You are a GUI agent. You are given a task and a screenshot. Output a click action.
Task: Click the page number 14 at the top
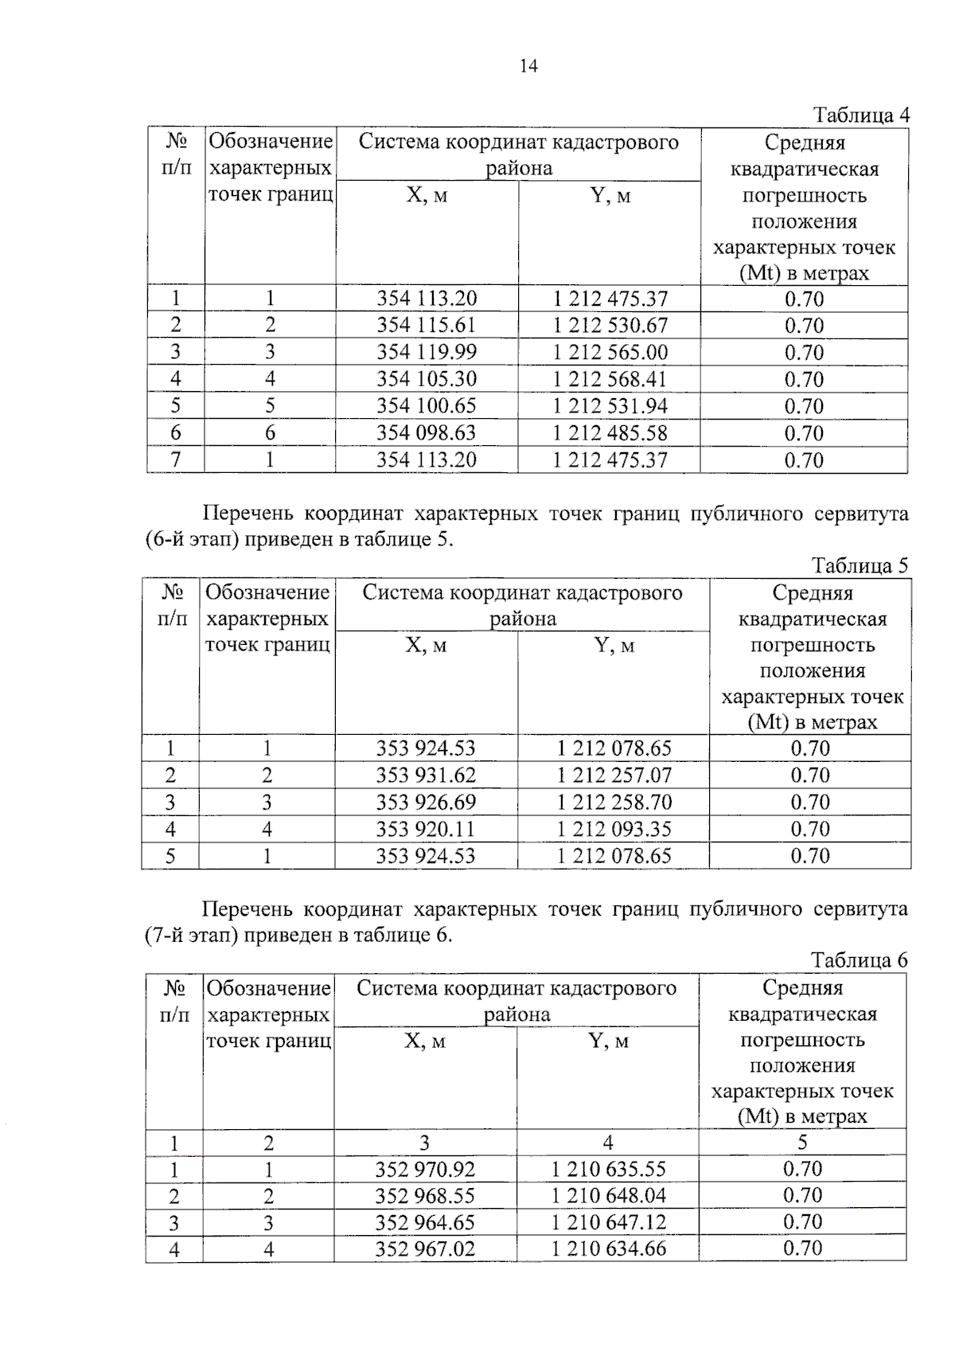pyautogui.click(x=528, y=67)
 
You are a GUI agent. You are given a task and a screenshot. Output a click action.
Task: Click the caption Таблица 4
pyautogui.click(x=860, y=115)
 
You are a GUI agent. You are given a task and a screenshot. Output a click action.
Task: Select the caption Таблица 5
pyautogui.click(x=859, y=566)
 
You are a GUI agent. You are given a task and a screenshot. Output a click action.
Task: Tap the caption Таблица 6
pyautogui.click(x=859, y=960)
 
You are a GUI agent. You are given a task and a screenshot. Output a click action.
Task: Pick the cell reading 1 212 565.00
pyautogui.click(x=610, y=353)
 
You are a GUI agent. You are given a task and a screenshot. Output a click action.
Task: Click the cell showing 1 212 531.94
pyautogui.click(x=610, y=406)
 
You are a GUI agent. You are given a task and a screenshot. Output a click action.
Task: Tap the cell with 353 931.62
pyautogui.click(x=426, y=776)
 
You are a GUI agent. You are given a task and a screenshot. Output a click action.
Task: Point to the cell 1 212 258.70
pyautogui.click(x=614, y=803)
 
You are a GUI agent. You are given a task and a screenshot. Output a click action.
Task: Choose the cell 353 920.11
pyautogui.click(x=426, y=830)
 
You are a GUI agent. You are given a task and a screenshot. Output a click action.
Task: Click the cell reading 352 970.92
pyautogui.click(x=425, y=1170)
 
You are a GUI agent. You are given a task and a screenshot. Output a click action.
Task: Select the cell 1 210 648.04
pyautogui.click(x=609, y=1196)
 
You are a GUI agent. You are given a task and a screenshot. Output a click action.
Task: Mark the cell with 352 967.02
pyautogui.click(x=425, y=1249)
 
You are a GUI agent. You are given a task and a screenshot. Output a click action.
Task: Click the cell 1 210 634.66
pyautogui.click(x=609, y=1249)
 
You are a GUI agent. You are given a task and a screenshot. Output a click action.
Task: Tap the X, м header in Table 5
pyautogui.click(x=426, y=646)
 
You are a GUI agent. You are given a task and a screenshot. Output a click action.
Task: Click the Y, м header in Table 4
pyautogui.click(x=610, y=196)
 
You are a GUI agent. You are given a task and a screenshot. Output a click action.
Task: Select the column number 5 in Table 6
pyautogui.click(x=802, y=1143)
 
